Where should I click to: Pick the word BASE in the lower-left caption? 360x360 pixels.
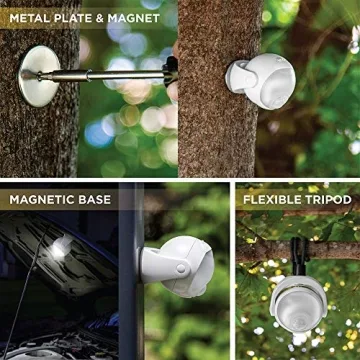click(x=94, y=199)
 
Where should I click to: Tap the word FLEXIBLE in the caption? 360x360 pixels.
click(x=273, y=199)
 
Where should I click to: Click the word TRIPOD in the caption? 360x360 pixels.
click(x=328, y=199)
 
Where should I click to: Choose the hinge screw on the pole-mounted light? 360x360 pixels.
click(x=180, y=270)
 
